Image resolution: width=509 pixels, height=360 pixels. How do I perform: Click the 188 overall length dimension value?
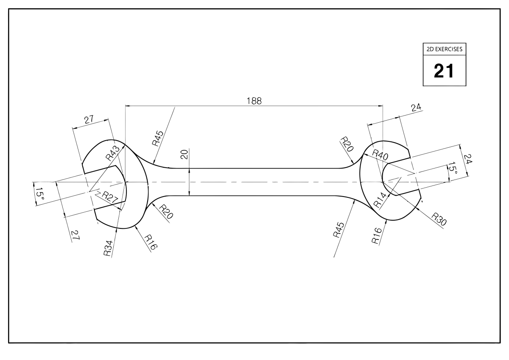[254, 101]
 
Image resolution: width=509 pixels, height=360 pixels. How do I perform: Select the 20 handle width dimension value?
[184, 154]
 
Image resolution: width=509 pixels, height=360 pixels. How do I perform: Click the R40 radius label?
[380, 155]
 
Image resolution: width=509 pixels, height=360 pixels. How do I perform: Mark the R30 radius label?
[439, 219]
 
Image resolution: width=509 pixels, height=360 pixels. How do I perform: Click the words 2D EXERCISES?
[444, 49]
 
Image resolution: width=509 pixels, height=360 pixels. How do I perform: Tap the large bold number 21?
[444, 70]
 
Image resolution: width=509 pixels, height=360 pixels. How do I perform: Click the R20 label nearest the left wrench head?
[166, 211]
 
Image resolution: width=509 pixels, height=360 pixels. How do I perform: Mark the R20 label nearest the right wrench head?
[347, 145]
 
